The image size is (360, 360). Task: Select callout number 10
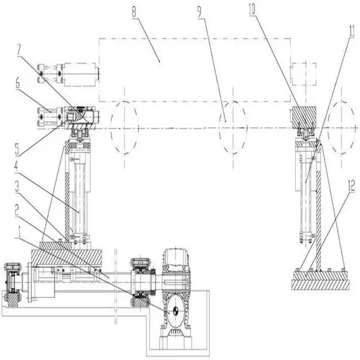point(252,10)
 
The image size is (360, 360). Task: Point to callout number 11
point(352,32)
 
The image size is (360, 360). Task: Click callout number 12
point(352,187)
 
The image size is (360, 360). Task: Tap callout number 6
point(18,83)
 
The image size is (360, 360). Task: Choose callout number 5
point(17,149)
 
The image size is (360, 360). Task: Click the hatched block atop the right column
point(304,117)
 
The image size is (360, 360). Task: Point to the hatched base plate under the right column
point(321,280)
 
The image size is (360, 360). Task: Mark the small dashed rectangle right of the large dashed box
point(304,73)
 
